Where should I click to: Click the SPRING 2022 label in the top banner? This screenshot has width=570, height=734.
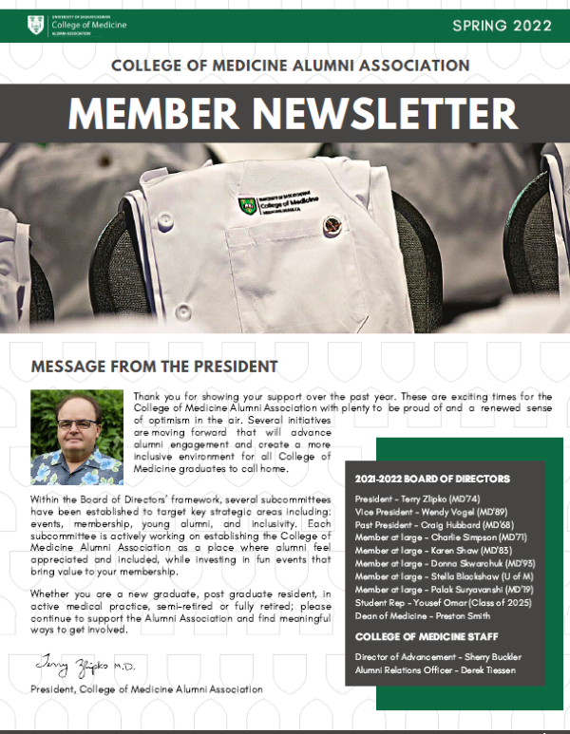pyautogui.click(x=502, y=26)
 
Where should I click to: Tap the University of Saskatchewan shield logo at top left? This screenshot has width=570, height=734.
pyautogui.click(x=35, y=26)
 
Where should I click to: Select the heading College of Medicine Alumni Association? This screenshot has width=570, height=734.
pyautogui.click(x=290, y=66)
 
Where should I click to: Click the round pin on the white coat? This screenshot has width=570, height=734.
pyautogui.click(x=332, y=226)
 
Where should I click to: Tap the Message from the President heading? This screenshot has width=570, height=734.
pyautogui.click(x=154, y=366)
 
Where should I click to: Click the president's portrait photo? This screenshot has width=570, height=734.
pyautogui.click(x=77, y=437)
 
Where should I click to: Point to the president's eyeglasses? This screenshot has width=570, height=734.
pyautogui.click(x=77, y=423)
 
